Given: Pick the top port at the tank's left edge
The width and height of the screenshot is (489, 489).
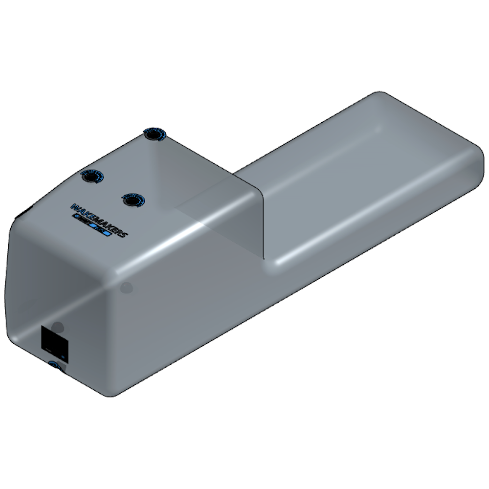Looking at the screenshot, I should tap(91, 177).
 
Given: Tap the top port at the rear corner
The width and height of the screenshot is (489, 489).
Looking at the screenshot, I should tap(155, 133).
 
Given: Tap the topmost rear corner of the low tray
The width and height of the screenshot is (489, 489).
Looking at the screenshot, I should tap(377, 94).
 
